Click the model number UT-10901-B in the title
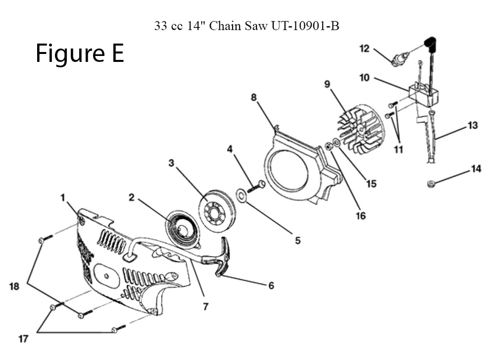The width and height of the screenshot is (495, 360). pyautogui.click(x=305, y=26)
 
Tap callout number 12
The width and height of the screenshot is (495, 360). pyautogui.click(x=364, y=49)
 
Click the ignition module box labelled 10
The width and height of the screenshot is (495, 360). pyautogui.click(x=423, y=94)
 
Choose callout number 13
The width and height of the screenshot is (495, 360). pyautogui.click(x=473, y=125)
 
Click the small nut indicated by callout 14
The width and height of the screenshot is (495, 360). pyautogui.click(x=431, y=183)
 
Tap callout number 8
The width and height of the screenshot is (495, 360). pyautogui.click(x=253, y=97)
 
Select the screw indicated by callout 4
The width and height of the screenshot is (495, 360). pyautogui.click(x=256, y=186)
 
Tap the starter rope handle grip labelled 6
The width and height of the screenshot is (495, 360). pyautogui.click(x=223, y=257)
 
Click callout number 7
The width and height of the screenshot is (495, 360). pyautogui.click(x=205, y=307)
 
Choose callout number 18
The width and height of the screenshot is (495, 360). pyautogui.click(x=14, y=286)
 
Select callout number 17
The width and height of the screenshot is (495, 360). pyautogui.click(x=23, y=339)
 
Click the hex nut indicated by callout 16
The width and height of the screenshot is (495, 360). pyautogui.click(x=329, y=147)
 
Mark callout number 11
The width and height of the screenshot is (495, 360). pyautogui.click(x=398, y=150)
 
